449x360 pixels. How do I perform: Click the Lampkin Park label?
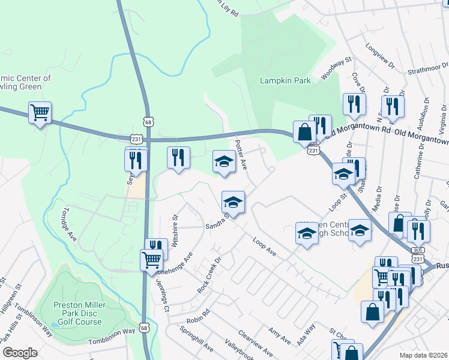pos(285,80)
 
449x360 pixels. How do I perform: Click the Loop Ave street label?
pos(264,247)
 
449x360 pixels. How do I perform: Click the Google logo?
pos(19,353)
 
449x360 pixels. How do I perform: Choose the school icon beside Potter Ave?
pos(224,161)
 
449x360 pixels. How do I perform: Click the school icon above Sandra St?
pos(233,202)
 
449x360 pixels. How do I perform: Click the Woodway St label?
pos(336,68)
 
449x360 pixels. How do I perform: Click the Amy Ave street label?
pos(280,335)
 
